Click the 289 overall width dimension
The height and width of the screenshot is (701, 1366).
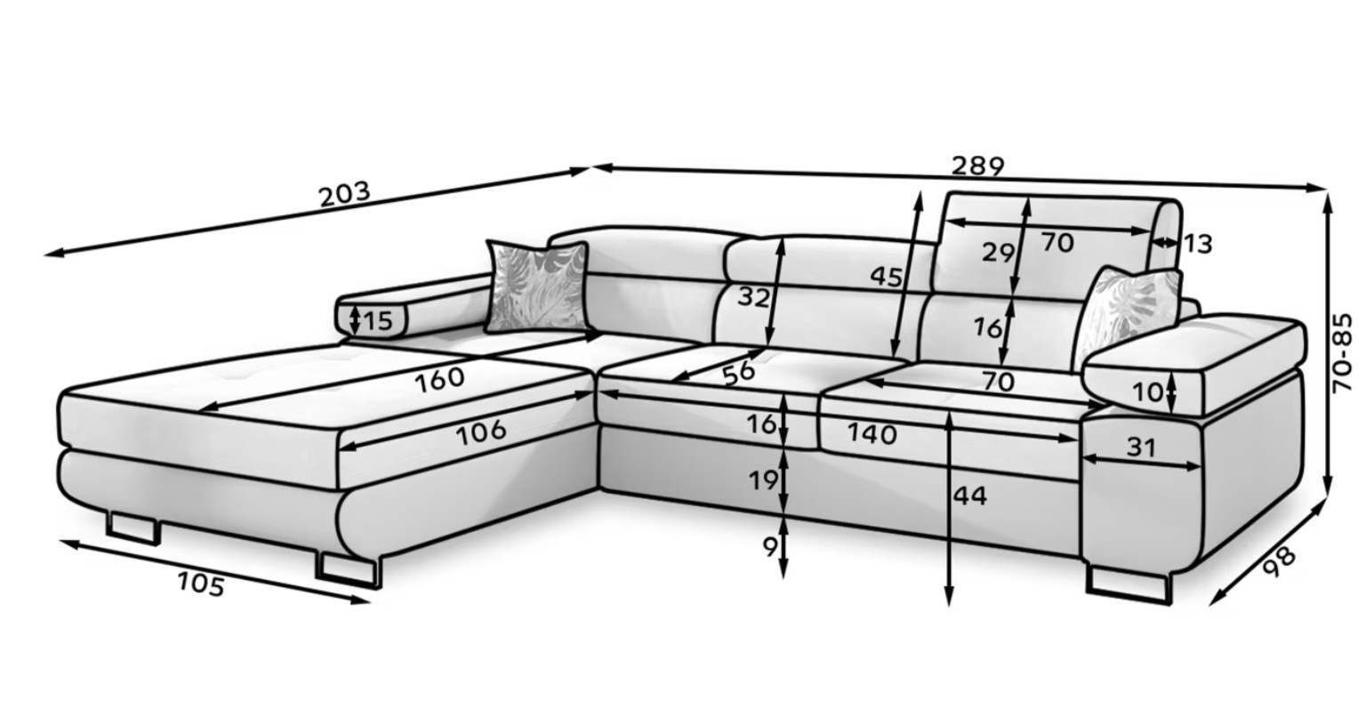click(x=977, y=166)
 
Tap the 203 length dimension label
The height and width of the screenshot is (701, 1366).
click(x=344, y=194)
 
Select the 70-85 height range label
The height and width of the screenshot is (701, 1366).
click(x=1343, y=353)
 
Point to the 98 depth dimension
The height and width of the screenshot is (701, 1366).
click(x=1279, y=562)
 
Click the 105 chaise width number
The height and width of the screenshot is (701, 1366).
click(x=201, y=584)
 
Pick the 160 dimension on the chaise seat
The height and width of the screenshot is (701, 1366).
click(x=439, y=378)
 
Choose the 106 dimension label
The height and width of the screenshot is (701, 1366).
click(x=481, y=432)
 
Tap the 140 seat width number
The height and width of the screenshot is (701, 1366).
click(x=872, y=434)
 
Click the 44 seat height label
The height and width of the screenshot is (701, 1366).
click(x=970, y=496)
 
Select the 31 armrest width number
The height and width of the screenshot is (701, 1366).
click(x=1141, y=447)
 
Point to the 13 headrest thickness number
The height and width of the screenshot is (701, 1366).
click(x=1198, y=244)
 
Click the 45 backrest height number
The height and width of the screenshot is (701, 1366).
click(x=886, y=277)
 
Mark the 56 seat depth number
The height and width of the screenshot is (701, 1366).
click(x=739, y=374)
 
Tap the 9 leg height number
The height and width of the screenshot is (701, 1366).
click(x=770, y=547)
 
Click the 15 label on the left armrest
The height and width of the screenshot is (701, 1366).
click(x=378, y=321)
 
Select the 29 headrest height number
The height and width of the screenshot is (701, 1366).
click(x=999, y=252)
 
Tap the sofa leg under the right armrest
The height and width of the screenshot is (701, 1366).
click(x=1129, y=586)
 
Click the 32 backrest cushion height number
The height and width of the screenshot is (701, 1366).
click(x=754, y=297)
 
